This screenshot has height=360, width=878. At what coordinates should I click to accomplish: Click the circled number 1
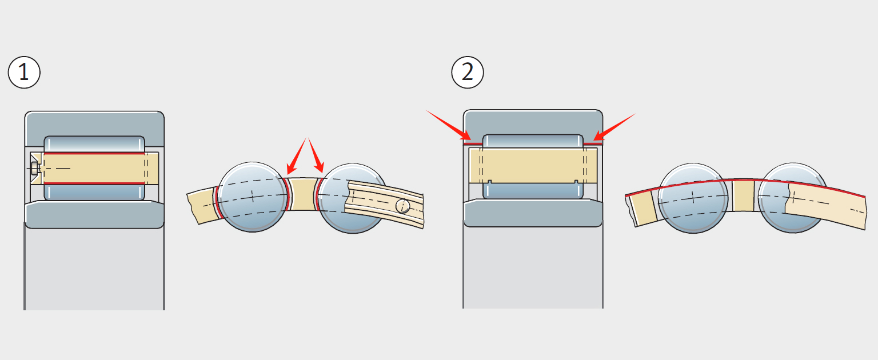pyautogui.click(x=24, y=73)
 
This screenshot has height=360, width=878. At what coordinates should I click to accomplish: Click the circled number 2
pyautogui.click(x=468, y=73)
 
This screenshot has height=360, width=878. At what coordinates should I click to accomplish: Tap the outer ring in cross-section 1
pyautogui.click(x=94, y=123)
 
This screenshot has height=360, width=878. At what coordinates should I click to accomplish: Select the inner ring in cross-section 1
pyautogui.click(x=94, y=215)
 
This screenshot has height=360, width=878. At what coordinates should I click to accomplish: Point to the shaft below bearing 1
pyautogui.click(x=94, y=269)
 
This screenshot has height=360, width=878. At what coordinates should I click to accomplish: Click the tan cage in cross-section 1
pyautogui.click(x=94, y=169)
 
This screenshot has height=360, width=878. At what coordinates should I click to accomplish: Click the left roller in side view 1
pyautogui.click(x=252, y=197)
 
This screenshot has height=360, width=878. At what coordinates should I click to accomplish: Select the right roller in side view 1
pyautogui.click(x=350, y=197)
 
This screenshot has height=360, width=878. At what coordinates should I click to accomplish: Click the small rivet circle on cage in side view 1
pyautogui.click(x=404, y=205)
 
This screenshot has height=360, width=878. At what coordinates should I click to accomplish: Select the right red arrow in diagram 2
pyautogui.click(x=614, y=126)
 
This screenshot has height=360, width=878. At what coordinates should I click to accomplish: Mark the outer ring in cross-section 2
pyautogui.click(x=533, y=121)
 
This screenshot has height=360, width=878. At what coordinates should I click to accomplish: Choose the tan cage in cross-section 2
pyautogui.click(x=533, y=166)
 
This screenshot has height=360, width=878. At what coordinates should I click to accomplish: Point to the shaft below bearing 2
pyautogui.click(x=533, y=269)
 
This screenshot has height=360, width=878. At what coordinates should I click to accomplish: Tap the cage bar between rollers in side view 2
pyautogui.click(x=743, y=196)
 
